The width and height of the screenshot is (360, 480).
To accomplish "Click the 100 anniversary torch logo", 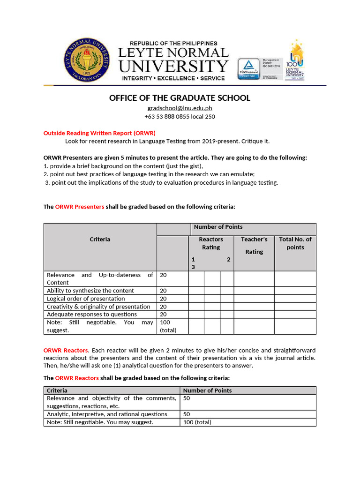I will [295, 60].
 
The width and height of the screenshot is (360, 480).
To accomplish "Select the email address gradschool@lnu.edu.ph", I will [180, 108].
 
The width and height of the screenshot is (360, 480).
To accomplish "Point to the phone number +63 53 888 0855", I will [180, 116].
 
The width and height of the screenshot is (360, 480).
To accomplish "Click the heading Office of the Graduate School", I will [180, 98].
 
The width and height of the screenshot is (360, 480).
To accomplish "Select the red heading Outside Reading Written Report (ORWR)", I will [99, 133].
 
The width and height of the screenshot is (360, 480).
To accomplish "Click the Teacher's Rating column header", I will [254, 246].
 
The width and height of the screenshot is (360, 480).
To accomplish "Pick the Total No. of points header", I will [295, 243].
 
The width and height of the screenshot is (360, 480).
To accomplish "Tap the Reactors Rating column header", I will [211, 243].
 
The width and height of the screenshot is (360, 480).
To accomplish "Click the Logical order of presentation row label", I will [86, 299].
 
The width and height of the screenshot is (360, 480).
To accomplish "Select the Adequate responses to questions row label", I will [92, 314].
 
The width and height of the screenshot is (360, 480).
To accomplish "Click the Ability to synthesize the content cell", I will [90, 291].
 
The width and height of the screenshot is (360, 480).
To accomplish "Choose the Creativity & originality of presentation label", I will [98, 307].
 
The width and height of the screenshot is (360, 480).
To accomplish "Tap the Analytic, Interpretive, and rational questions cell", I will [107, 414].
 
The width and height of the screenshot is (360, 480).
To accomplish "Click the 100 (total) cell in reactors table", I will [197, 422].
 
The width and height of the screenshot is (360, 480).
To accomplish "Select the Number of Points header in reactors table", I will [207, 390].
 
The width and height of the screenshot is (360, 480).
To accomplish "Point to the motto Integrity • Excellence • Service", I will [173, 78].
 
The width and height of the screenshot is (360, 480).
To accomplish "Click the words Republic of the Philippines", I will [173, 44].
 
